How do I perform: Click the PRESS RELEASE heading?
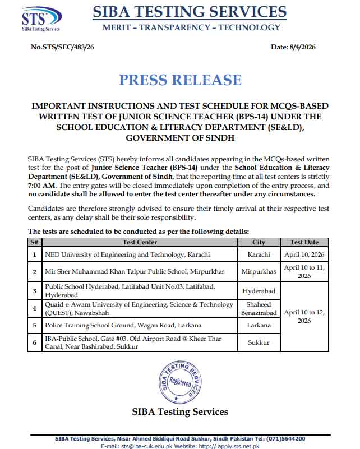[x=180, y=80]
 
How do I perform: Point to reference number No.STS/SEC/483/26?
[x=62, y=47]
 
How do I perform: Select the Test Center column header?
[x=140, y=242]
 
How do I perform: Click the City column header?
[x=259, y=242]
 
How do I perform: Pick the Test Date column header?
[x=304, y=242]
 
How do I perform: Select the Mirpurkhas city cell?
[x=259, y=271]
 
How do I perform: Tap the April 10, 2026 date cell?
[x=304, y=254]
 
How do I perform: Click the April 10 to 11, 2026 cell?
[x=304, y=271]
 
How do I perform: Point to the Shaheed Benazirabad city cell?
[x=259, y=308]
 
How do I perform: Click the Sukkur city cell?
[x=259, y=342]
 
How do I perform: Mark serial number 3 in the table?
[x=35, y=290]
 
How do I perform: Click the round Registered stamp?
[x=180, y=381]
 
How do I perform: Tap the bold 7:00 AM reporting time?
[x=41, y=185]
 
